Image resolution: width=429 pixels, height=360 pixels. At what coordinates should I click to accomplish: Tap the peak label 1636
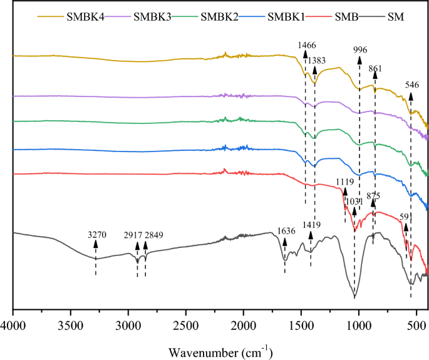[x=286, y=230]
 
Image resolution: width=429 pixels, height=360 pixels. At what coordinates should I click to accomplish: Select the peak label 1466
[x=306, y=45]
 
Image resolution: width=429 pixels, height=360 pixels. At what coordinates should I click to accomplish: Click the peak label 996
[x=359, y=49]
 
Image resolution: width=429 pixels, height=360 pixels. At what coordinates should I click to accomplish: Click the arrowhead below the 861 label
[x=375, y=75]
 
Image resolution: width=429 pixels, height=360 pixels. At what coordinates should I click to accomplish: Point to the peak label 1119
[x=345, y=182]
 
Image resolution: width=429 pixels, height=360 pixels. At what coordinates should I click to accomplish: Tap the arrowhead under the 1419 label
[x=311, y=234]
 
